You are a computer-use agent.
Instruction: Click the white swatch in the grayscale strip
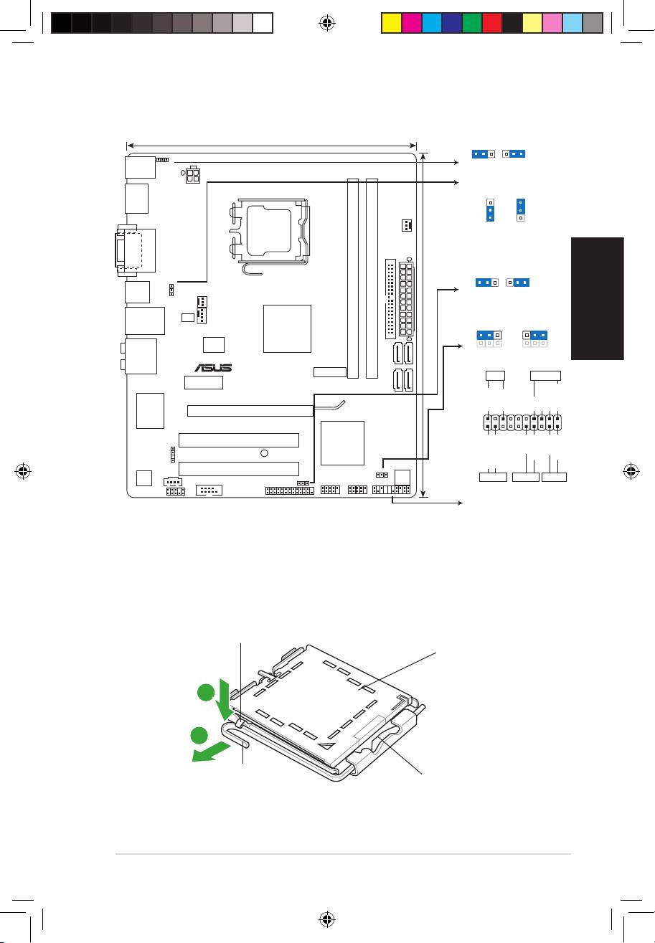(x=263, y=23)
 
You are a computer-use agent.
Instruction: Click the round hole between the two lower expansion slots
(x=264, y=452)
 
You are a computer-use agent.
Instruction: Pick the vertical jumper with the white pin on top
(x=491, y=209)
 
